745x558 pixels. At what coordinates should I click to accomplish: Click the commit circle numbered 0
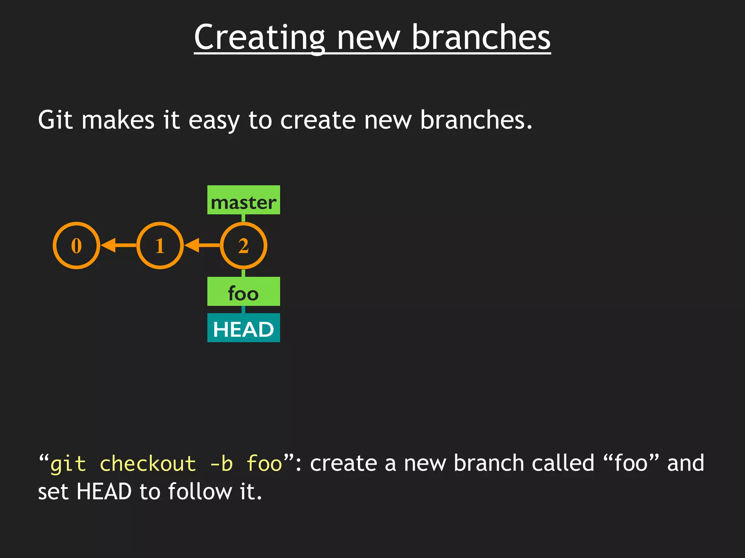[x=76, y=246]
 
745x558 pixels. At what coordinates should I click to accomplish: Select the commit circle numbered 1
[x=160, y=246]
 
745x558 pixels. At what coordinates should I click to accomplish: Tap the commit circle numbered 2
[x=243, y=246]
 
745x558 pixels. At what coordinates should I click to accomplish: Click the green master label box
[x=243, y=200]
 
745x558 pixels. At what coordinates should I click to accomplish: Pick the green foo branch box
[x=243, y=292]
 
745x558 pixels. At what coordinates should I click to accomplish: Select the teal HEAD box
[x=243, y=328]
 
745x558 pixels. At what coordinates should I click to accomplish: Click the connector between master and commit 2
[x=243, y=218]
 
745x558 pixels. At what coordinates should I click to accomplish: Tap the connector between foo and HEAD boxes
[x=243, y=310]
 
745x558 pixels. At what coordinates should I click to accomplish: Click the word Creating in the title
[x=259, y=38]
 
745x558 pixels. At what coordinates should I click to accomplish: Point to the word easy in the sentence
[x=214, y=121]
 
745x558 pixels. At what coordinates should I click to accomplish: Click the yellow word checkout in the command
[x=148, y=464]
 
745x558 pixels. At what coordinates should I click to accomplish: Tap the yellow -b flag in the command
[x=221, y=464]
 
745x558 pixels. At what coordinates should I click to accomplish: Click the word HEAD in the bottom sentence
[x=104, y=492]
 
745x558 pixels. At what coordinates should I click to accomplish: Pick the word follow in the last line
[x=199, y=492]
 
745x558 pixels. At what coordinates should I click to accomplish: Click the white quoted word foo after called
[x=631, y=464]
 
